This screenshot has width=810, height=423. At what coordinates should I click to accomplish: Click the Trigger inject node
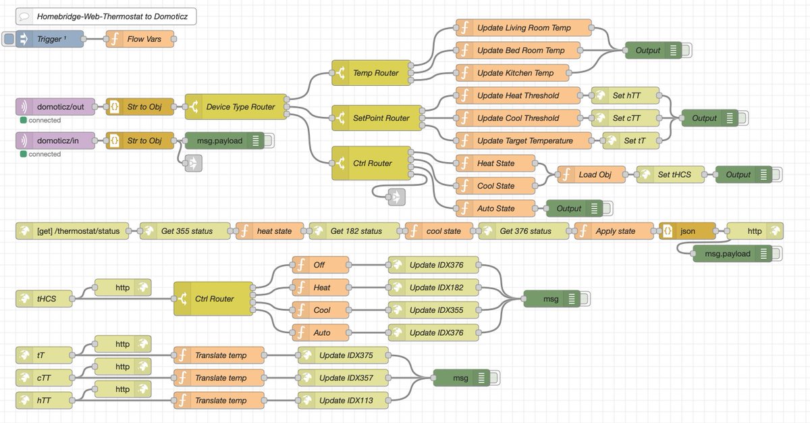coord(51,39)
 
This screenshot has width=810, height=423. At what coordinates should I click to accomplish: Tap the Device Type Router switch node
coord(236,107)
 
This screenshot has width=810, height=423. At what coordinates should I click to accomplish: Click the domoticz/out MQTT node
coord(57,107)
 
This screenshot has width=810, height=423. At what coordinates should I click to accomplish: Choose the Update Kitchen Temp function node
coord(515,73)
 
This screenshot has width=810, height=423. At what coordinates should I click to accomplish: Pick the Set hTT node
coord(626,95)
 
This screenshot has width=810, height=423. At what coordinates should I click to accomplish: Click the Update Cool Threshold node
coord(518,118)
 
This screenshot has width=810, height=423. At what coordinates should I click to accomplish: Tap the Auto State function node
coord(496,208)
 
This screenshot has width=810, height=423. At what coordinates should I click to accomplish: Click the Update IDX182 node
coord(435,287)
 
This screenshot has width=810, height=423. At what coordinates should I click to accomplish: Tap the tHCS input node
coord(45,299)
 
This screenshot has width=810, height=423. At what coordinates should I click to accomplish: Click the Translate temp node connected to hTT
coord(220,400)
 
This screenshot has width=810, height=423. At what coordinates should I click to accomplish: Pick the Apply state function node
coord(614,231)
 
